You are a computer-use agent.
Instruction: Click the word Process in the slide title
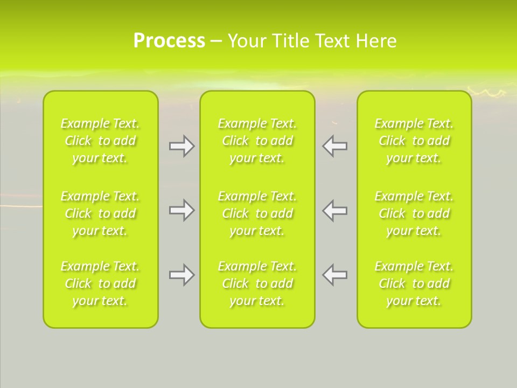point(169,41)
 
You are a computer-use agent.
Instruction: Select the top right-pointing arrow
point(182,146)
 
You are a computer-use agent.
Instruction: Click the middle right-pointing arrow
point(182,210)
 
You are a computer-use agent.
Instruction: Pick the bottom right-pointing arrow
point(182,275)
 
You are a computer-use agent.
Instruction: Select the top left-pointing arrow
point(334,146)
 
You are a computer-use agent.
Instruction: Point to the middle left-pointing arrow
point(334,210)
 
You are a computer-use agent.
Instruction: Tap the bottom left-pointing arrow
point(334,275)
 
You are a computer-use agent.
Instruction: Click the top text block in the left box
point(100,141)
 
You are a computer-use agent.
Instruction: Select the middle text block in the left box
point(100,213)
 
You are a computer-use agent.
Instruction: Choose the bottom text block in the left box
point(100,283)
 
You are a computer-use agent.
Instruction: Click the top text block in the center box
point(257,141)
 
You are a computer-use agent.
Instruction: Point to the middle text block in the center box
point(257,213)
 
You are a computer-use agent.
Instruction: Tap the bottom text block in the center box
point(257,283)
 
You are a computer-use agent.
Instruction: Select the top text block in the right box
point(414,141)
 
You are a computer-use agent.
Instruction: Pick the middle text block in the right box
point(414,213)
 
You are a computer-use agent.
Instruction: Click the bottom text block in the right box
point(414,283)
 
